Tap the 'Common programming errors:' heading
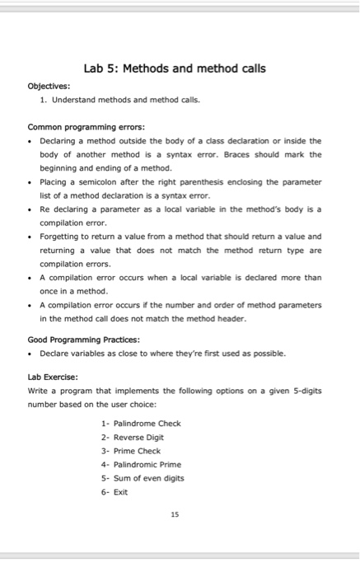click(x=76, y=127)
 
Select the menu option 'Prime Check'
click(x=136, y=451)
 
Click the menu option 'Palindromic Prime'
click(x=146, y=464)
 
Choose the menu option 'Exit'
click(x=120, y=491)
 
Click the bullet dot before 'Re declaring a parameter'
click(x=32, y=209)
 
